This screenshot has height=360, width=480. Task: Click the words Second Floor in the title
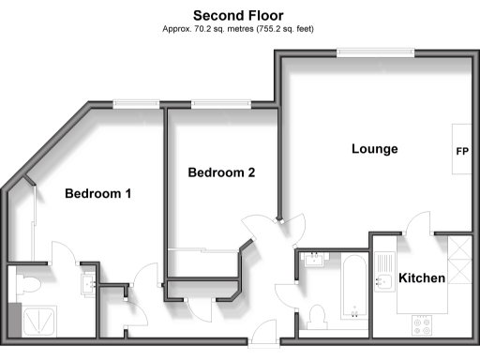(x=240, y=15)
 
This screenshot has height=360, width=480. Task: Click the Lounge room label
(x=375, y=149)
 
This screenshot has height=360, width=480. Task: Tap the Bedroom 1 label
(x=97, y=194)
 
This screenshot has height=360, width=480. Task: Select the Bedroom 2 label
(x=221, y=172)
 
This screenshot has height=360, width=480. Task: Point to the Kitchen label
(x=422, y=278)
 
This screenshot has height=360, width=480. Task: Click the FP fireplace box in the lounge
(x=462, y=150)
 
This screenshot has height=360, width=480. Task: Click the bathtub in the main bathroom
(x=352, y=283)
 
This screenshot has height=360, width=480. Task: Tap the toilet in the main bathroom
(x=315, y=316)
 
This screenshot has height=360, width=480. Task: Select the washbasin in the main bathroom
(x=313, y=261)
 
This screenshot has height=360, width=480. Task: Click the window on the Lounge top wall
(x=373, y=53)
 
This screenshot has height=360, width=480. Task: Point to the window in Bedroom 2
(x=220, y=104)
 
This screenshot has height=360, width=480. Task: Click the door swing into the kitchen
(x=418, y=225)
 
